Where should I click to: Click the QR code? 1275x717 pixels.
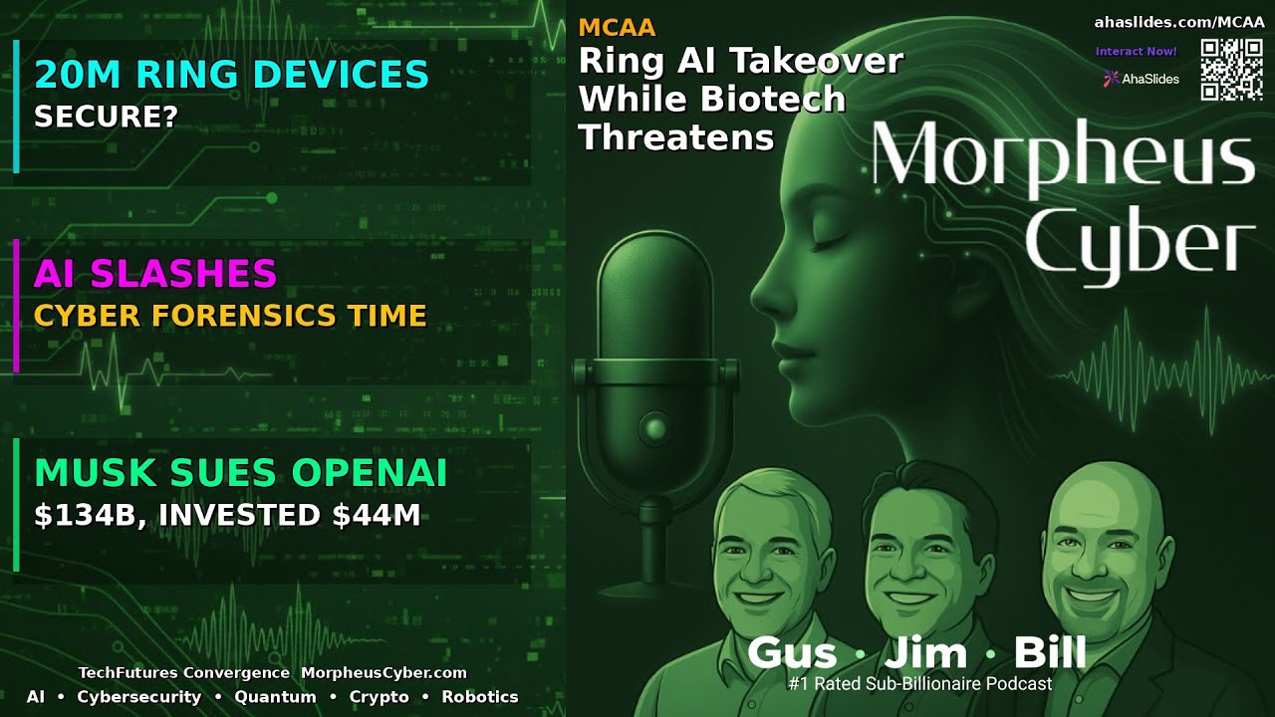click(x=1231, y=70)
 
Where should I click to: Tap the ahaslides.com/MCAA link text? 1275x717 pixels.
click(x=1178, y=22)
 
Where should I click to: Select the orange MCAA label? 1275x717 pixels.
click(x=617, y=28)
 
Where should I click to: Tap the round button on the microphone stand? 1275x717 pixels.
click(x=654, y=429)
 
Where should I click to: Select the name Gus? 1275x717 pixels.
click(x=793, y=653)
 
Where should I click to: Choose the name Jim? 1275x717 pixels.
click(x=925, y=653)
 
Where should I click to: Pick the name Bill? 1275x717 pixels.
click(x=1049, y=653)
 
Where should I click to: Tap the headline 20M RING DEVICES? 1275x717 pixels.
click(x=231, y=75)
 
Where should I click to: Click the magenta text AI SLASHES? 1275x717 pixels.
click(x=155, y=273)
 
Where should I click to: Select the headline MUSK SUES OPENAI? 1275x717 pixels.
click(x=240, y=474)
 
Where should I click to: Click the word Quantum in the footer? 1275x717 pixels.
click(x=275, y=697)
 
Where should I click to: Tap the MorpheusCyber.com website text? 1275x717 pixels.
click(x=383, y=673)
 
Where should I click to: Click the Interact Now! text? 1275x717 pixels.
click(x=1136, y=51)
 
